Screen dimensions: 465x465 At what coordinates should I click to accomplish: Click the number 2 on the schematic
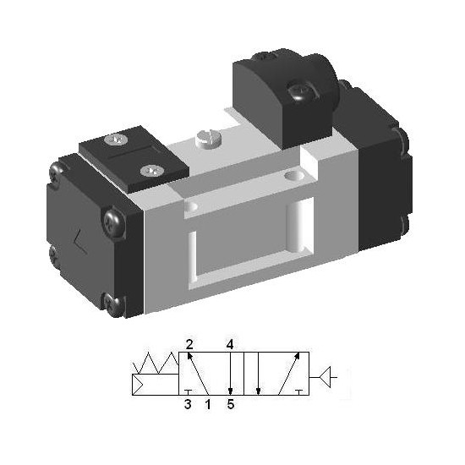pyautogui.click(x=189, y=345)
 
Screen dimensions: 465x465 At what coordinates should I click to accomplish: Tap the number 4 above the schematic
pyautogui.click(x=230, y=345)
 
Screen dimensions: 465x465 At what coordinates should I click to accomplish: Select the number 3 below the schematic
pyautogui.click(x=188, y=404)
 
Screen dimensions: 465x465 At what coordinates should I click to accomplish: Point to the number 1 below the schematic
pyautogui.click(x=208, y=404)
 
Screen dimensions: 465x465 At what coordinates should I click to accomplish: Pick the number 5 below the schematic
pyautogui.click(x=231, y=404)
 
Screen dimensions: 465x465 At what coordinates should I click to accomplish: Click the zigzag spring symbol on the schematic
pyautogui.click(x=156, y=364)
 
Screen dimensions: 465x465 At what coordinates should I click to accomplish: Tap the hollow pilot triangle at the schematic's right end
pyautogui.click(x=325, y=377)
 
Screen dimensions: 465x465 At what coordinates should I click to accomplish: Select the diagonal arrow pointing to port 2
pyautogui.click(x=198, y=374)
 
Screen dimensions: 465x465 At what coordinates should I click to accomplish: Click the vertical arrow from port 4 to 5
pyautogui.click(x=231, y=374)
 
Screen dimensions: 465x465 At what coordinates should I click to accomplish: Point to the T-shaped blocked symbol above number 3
pyautogui.click(x=188, y=392)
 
